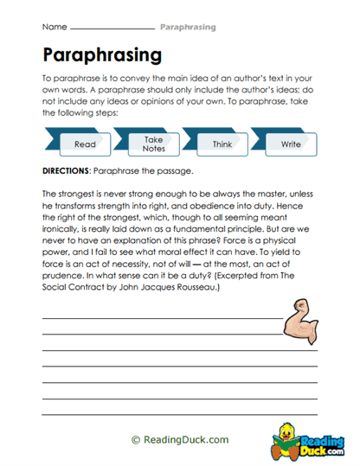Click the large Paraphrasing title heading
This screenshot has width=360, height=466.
pyautogui.click(x=101, y=54)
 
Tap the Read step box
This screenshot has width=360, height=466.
pyautogui.click(x=85, y=144)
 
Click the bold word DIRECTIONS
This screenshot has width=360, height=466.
pyautogui.click(x=71, y=169)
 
